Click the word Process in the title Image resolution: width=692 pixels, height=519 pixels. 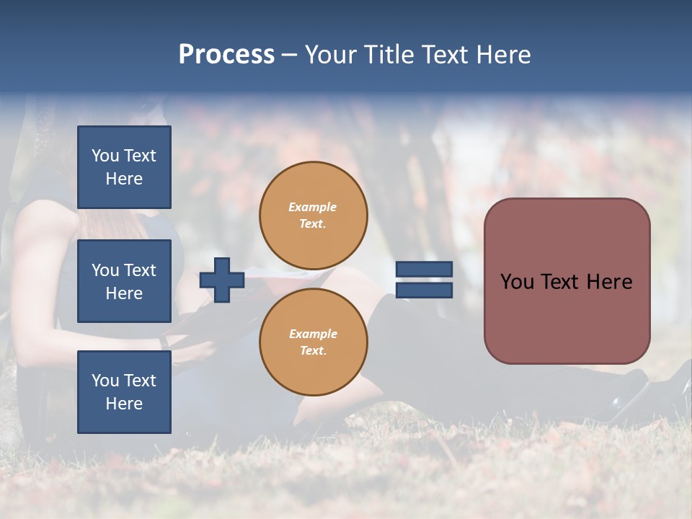tap(226, 55)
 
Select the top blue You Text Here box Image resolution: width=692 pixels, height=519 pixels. tap(124, 167)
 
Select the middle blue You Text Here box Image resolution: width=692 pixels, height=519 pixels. tap(124, 281)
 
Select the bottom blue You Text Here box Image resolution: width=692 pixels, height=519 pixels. tap(124, 392)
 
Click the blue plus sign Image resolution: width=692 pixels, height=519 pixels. tap(221, 280)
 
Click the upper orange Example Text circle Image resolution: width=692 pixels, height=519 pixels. tap(313, 216)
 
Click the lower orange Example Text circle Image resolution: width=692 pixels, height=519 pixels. tap(313, 342)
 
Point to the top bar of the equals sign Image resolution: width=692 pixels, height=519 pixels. tap(424, 270)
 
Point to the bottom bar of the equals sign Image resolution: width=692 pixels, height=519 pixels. tap(424, 290)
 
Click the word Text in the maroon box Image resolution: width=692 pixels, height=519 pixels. tap(562, 282)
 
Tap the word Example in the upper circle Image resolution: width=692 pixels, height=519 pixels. tap(313, 207)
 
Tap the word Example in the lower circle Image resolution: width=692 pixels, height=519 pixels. tap(313, 334)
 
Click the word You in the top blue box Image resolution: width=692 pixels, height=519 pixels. tap(105, 156)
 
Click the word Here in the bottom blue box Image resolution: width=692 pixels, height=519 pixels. tap(124, 404)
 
